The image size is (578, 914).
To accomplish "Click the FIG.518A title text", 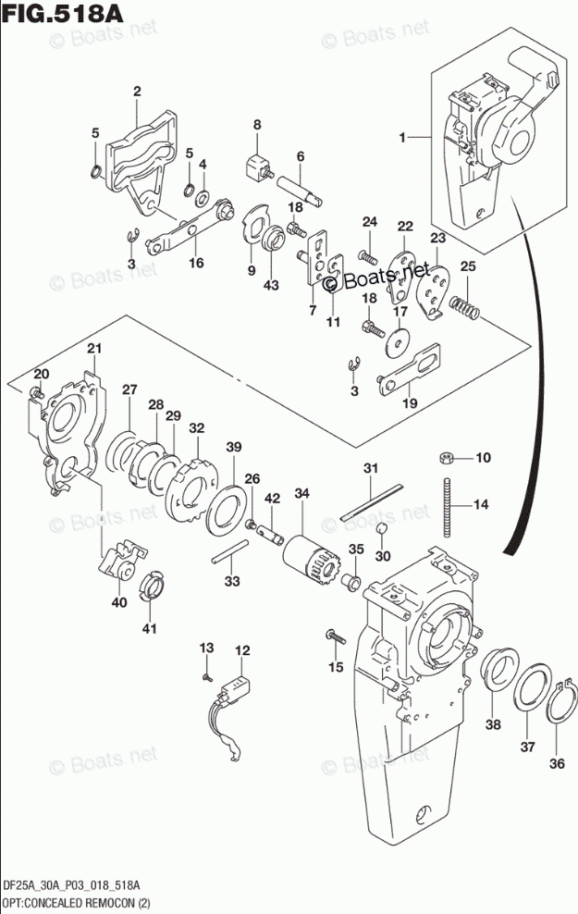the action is click(x=63, y=13).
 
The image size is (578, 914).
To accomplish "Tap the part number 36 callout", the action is click(x=557, y=762).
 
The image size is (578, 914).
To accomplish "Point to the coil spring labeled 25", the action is click(x=464, y=306).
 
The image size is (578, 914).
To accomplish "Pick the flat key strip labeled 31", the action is click(x=372, y=501).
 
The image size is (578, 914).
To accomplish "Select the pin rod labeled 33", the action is click(x=230, y=550).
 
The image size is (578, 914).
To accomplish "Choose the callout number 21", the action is click(x=94, y=349).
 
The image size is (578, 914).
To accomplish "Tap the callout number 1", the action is click(x=402, y=138).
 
